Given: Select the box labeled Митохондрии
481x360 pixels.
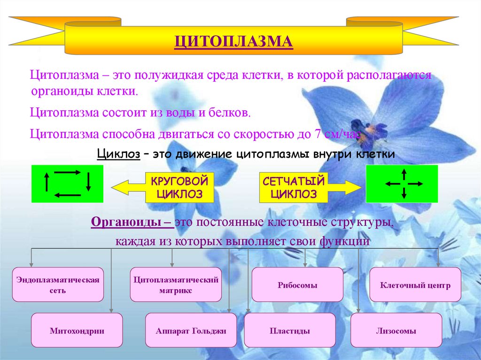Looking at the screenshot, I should (77, 330).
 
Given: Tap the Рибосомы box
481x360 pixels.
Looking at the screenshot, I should (297, 285).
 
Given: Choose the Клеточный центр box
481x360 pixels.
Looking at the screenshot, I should (415, 285).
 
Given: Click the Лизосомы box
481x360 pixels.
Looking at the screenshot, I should (396, 330).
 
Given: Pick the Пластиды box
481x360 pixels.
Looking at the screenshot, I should (290, 330).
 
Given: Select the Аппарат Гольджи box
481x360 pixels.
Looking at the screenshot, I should (191, 330).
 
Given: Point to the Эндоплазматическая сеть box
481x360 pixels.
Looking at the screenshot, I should (58, 285).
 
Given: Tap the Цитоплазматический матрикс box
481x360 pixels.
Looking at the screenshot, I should (176, 285).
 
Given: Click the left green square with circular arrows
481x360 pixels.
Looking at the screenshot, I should (67, 184).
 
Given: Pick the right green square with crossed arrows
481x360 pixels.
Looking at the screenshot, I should (402, 184).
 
